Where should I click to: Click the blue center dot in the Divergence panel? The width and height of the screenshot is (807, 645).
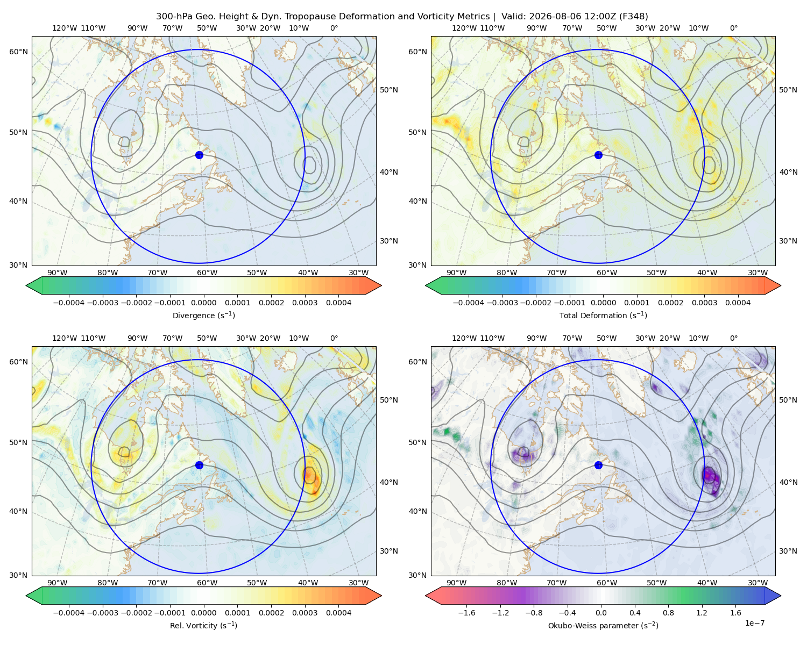pos(199,155)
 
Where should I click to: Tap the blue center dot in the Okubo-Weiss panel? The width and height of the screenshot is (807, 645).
pos(598,465)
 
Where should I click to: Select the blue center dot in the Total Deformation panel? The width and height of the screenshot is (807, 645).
pos(598,155)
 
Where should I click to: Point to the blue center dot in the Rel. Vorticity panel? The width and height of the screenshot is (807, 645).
pos(199,465)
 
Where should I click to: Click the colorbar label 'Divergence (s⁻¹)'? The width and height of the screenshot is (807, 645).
pos(203,316)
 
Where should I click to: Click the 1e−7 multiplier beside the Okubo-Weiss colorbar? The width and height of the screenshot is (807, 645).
pos(754,623)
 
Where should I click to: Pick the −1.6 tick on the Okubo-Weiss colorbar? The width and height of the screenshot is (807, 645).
pos(466,613)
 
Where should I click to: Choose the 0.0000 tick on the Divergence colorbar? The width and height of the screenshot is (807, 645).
pos(203,303)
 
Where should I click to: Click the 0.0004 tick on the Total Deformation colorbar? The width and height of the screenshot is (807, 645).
pos(738,303)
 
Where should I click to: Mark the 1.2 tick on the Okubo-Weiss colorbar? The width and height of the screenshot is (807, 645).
pos(702,613)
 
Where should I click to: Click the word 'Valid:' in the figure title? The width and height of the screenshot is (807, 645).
pos(514,17)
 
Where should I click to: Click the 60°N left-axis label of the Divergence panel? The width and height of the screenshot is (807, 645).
pos(18,52)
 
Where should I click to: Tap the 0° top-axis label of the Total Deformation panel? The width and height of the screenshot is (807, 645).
pos(734,28)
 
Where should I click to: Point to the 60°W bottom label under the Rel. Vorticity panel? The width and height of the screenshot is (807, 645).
pos(207,583)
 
